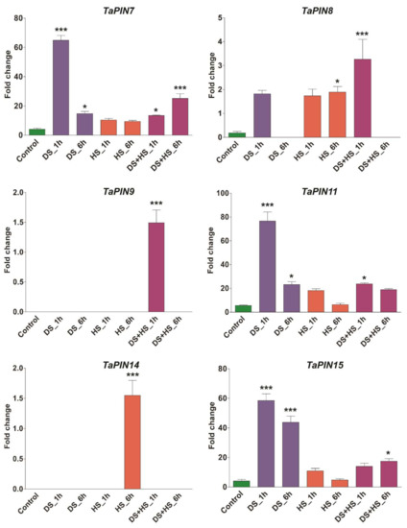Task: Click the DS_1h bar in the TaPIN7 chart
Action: [x=60, y=87]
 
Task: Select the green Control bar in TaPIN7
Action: [x=36, y=132]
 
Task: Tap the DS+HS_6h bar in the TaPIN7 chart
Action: [x=179, y=116]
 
